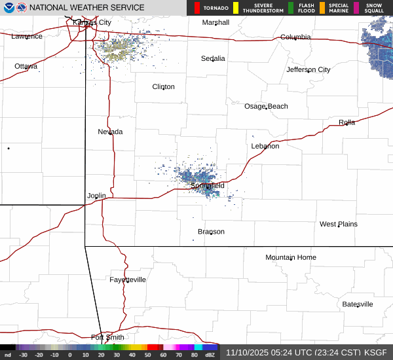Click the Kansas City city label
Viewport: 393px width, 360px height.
92,22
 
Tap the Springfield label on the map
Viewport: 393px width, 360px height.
208,186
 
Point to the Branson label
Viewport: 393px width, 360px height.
211,232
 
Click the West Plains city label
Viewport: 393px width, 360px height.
339,224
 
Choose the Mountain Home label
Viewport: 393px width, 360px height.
291,257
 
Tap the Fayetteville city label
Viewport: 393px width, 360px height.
128,279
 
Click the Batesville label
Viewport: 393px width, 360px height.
358,304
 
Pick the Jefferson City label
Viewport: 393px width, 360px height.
309,69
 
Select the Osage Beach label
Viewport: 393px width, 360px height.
266,106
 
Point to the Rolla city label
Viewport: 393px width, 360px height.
346,122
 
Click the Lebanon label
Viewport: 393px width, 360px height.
265,146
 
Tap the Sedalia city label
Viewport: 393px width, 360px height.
213,58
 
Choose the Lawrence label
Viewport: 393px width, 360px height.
27,36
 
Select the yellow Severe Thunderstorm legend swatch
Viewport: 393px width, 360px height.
235,8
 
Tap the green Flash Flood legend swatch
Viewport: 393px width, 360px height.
291,8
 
